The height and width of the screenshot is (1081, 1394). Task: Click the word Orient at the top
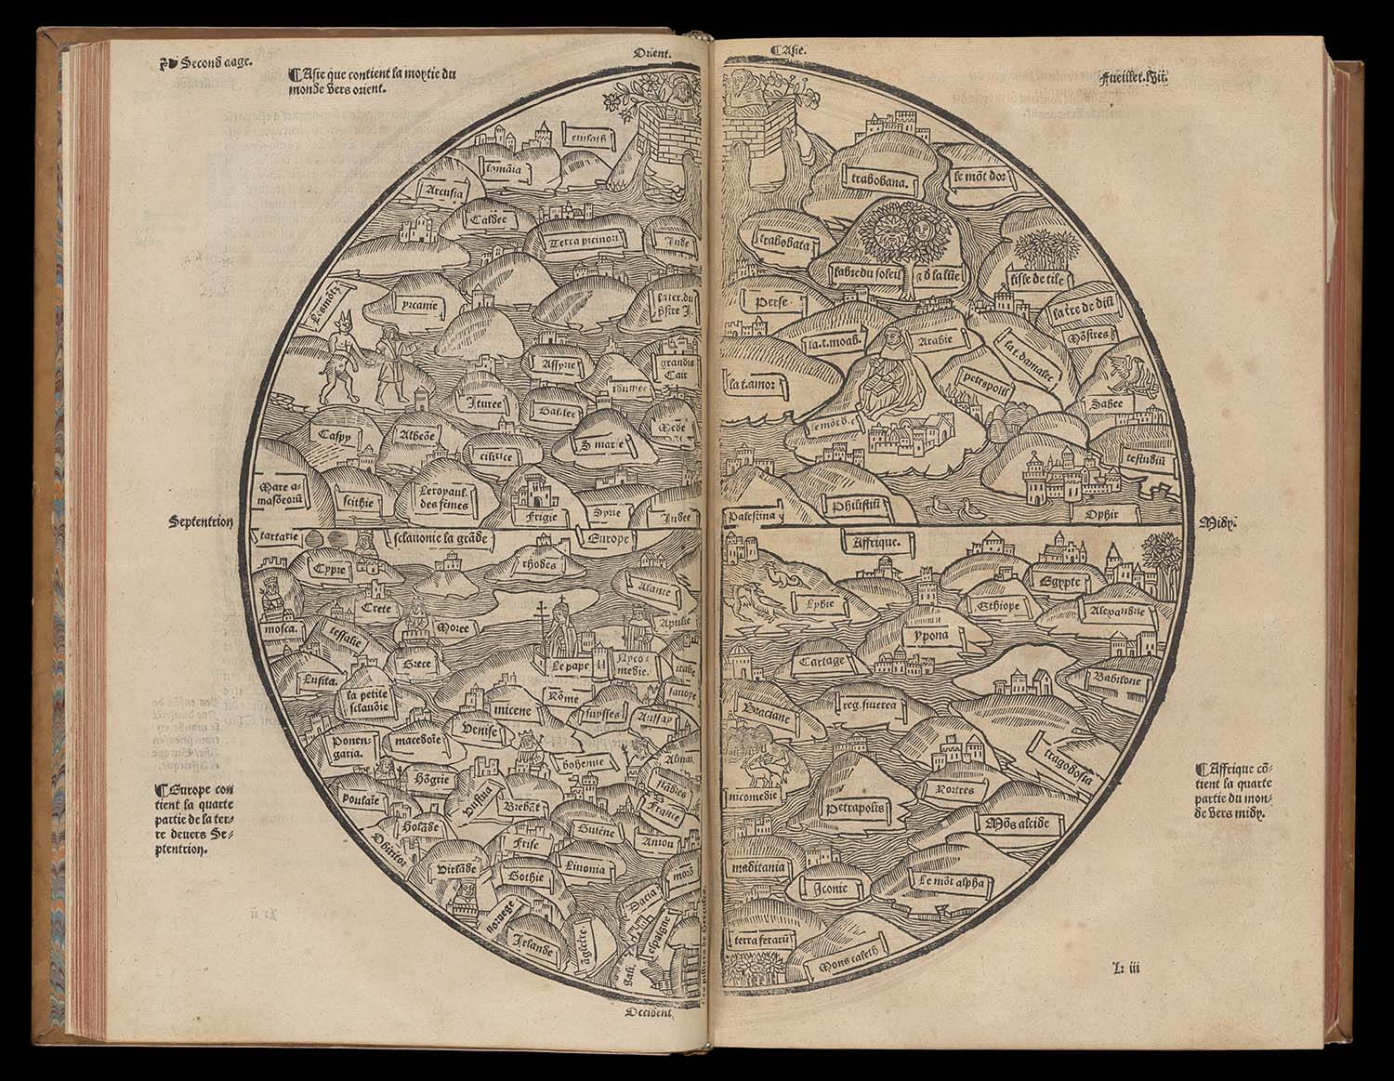(x=652, y=54)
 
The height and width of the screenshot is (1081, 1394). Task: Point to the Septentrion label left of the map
(x=201, y=521)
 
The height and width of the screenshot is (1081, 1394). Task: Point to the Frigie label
(x=540, y=510)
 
